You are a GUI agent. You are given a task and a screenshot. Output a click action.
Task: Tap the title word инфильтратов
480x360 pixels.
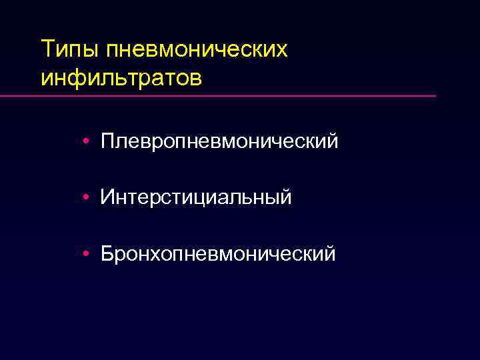121,78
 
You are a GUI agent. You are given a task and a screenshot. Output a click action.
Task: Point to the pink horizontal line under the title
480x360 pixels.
220,96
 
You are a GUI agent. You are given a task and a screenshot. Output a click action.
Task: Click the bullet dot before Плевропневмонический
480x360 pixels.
87,141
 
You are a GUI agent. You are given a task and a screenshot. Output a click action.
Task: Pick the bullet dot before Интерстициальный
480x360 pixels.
87,197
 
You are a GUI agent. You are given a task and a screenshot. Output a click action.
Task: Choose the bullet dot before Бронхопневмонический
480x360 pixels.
87,253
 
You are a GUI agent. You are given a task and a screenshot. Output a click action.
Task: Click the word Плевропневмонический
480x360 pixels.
219,141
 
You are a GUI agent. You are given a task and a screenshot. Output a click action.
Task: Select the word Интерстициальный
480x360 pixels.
196,197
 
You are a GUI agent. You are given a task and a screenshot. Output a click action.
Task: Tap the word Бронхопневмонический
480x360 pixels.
218,253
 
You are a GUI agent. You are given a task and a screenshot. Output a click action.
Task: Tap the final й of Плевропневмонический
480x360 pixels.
332,140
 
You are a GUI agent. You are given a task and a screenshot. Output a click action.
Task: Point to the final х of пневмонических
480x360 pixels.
283,51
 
